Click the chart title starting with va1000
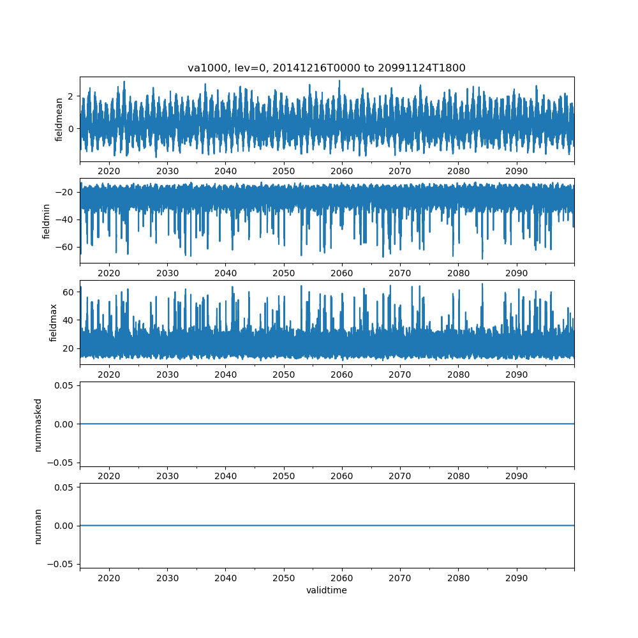(x=326, y=68)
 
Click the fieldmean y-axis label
(x=59, y=119)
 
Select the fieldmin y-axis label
(x=47, y=220)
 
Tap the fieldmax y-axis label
(x=54, y=322)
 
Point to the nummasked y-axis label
(x=38, y=424)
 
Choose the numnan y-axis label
(x=38, y=526)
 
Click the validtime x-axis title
(x=326, y=591)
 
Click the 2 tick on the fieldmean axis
(x=70, y=96)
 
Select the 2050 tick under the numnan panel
(x=284, y=578)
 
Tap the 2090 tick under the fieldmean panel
(x=517, y=171)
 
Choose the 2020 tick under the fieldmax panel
(x=109, y=375)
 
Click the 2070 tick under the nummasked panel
(x=400, y=477)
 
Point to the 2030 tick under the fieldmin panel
(x=167, y=273)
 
